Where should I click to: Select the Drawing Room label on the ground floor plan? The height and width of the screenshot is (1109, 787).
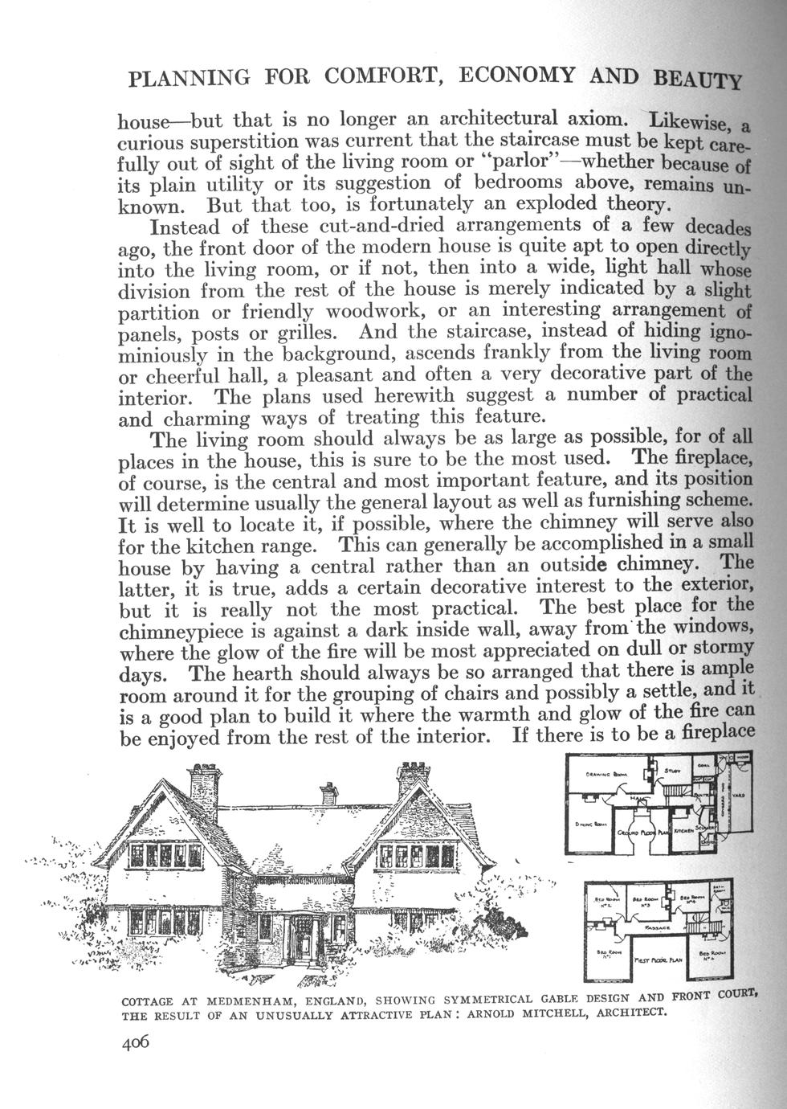(604, 775)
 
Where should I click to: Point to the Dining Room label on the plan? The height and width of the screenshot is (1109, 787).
(593, 826)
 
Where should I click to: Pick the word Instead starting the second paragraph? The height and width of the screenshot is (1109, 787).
(190, 225)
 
